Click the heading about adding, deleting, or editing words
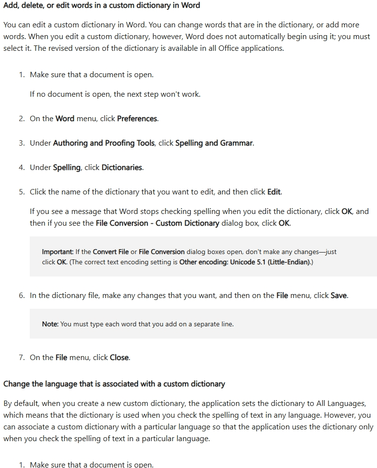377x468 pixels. click(102, 5)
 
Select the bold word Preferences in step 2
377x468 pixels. click(137, 119)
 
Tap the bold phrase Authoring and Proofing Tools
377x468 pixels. click(105, 143)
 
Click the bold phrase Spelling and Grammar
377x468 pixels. click(214, 143)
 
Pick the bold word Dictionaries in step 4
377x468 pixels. click(122, 168)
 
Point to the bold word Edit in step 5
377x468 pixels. click(274, 192)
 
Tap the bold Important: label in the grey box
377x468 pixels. click(58, 252)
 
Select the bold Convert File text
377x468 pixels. click(111, 252)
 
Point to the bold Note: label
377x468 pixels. click(50, 324)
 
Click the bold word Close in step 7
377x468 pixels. click(120, 358)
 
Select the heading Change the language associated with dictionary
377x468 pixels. click(114, 384)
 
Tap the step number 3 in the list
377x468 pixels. click(21, 144)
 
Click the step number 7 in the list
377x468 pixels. click(21, 358)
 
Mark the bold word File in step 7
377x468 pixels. click(62, 358)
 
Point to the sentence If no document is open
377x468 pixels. click(115, 94)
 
